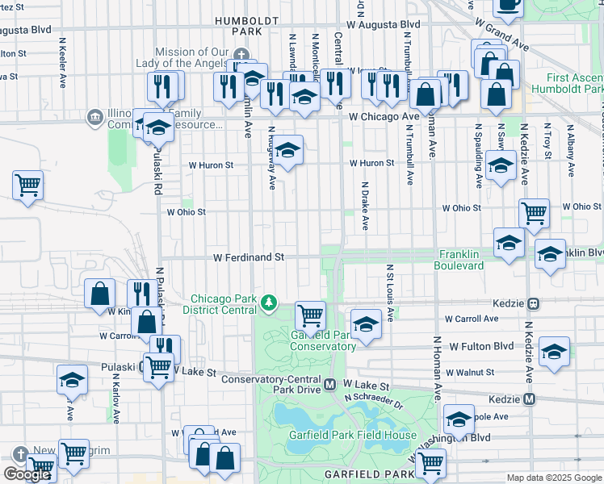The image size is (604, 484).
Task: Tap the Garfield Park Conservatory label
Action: pyautogui.click(x=323, y=340)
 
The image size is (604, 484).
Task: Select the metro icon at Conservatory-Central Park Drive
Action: pyautogui.click(x=330, y=386)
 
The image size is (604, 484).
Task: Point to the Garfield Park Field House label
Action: pyautogui.click(x=353, y=436)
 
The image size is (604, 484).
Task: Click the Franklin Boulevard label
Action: pyautogui.click(x=457, y=260)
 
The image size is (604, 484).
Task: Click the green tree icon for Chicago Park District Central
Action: pyautogui.click(x=269, y=304)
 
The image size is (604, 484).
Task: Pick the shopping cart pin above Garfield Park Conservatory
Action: pyautogui.click(x=309, y=315)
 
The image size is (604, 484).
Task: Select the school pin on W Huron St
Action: pyautogui.click(x=287, y=149)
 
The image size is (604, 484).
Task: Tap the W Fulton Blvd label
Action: pyautogui.click(x=481, y=346)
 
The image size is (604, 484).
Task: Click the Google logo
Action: pyautogui.click(x=26, y=474)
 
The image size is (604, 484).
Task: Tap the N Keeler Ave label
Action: pyautogui.click(x=62, y=60)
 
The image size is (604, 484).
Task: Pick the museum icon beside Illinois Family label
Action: pyautogui.click(x=95, y=119)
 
